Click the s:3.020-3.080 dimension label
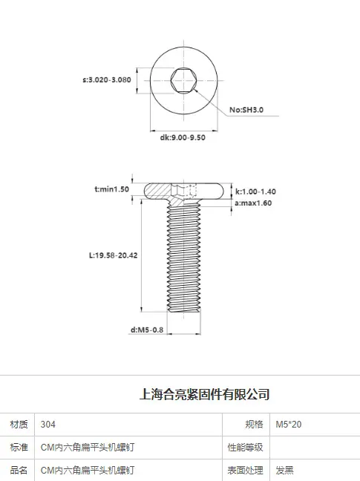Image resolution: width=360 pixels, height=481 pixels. [107, 79]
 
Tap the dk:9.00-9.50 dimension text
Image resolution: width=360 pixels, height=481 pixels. [183, 137]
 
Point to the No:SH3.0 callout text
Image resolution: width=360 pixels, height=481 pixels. [246, 110]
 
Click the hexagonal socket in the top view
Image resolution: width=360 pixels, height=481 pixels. [183, 80]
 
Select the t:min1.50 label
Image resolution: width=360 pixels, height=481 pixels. [111, 189]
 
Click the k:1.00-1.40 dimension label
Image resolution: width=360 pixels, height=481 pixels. [255, 192]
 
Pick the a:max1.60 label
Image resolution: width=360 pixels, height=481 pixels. [253, 203]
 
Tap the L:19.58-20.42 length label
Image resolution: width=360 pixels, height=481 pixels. [113, 255]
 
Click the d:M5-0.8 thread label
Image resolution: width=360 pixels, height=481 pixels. [147, 330]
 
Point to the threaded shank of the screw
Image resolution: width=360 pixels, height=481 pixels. [183, 258]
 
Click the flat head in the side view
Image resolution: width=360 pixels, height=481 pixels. [183, 191]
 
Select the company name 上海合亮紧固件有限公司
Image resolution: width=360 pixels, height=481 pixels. [205, 394]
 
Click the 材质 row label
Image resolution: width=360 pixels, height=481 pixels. [19, 425]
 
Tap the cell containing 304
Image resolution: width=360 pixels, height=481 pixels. [48, 425]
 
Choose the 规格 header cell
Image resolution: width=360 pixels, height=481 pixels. [254, 425]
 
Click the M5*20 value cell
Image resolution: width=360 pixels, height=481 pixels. [288, 425]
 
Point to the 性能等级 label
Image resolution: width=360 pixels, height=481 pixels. [245, 448]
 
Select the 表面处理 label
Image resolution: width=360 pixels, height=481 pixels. [245, 471]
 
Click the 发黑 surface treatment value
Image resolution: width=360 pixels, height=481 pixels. [284, 471]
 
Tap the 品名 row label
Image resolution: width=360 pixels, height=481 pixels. [19, 471]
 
